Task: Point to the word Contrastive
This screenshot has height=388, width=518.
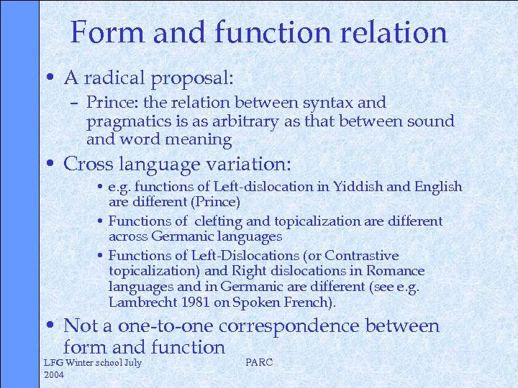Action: [361, 256]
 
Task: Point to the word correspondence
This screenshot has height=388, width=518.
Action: [290, 326]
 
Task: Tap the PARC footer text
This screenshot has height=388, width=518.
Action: [259, 362]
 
